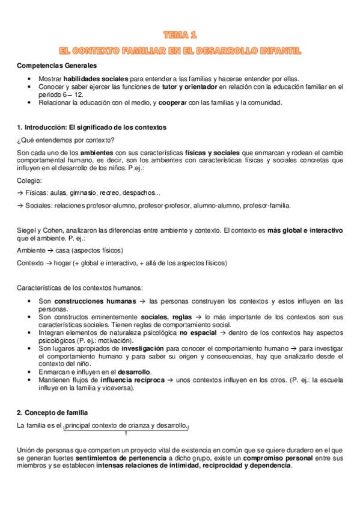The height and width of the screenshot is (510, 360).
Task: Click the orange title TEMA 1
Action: click(x=180, y=35)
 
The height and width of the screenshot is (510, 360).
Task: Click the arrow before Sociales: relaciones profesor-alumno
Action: click(x=20, y=206)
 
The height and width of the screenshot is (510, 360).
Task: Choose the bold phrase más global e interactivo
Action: click(x=305, y=230)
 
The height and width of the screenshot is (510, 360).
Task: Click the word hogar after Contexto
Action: click(x=62, y=263)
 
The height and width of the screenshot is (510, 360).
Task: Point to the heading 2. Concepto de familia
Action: click(x=52, y=413)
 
